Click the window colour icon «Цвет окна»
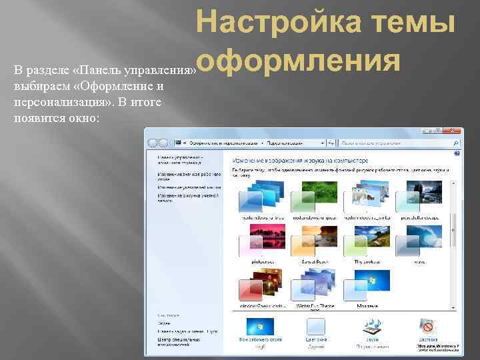pos(315,327)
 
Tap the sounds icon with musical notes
pos(371,327)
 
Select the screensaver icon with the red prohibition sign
pos(427,327)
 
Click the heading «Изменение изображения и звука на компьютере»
pos(299,161)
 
